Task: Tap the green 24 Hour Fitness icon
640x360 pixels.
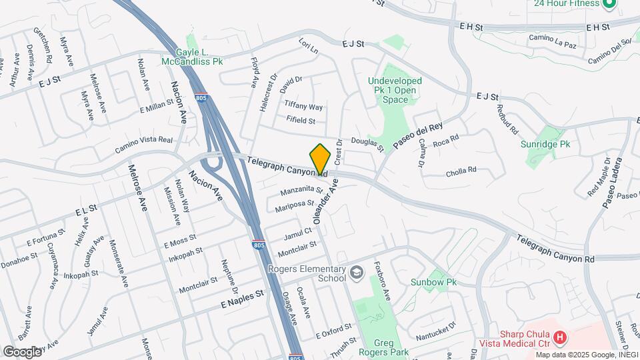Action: coord(608,4)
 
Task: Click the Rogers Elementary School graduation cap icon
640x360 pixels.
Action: coord(357,271)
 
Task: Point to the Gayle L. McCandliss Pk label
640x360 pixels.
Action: coord(191,57)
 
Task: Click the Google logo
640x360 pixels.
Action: coord(23,351)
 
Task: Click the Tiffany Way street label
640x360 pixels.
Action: coord(303,107)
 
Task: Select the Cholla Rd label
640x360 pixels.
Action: coord(461,170)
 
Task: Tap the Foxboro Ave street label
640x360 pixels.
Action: coord(385,278)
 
